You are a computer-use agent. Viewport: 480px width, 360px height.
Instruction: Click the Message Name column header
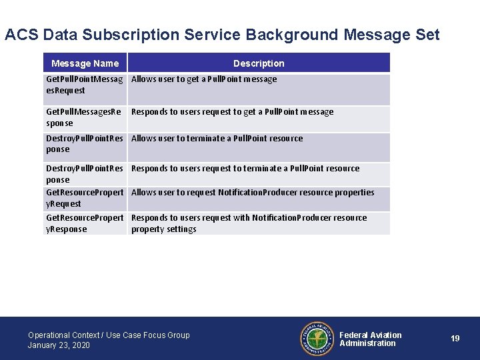[x=85, y=63]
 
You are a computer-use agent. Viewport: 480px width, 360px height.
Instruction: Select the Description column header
[x=259, y=63]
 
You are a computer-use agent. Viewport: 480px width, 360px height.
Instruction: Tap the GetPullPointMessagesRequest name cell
[x=84, y=85]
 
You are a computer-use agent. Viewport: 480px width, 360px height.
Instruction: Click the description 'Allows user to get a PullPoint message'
[x=204, y=79]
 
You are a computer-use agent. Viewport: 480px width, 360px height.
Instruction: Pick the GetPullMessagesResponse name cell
[x=83, y=117]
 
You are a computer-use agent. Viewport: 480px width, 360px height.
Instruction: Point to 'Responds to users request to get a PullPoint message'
[x=232, y=112]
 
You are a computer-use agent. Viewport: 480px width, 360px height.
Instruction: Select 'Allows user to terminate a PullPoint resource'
[x=217, y=139]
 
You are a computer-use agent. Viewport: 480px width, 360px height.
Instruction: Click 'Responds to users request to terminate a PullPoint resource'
[x=245, y=169]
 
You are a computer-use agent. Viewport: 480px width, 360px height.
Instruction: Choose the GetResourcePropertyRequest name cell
[x=85, y=198]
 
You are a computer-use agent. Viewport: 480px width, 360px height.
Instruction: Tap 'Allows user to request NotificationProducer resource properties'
[x=253, y=193]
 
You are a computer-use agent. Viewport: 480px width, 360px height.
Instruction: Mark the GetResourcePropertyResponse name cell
[x=85, y=223]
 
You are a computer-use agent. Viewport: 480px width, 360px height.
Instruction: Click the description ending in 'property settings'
[x=249, y=223]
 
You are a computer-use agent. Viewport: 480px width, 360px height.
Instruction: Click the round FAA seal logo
[x=316, y=339]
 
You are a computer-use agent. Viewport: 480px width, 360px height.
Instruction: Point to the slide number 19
[x=455, y=339]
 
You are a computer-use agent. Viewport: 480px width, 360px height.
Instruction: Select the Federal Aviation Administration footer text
[x=371, y=339]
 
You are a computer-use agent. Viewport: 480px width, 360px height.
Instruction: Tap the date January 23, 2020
[x=59, y=345]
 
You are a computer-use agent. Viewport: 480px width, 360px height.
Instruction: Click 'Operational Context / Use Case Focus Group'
[x=109, y=335]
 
